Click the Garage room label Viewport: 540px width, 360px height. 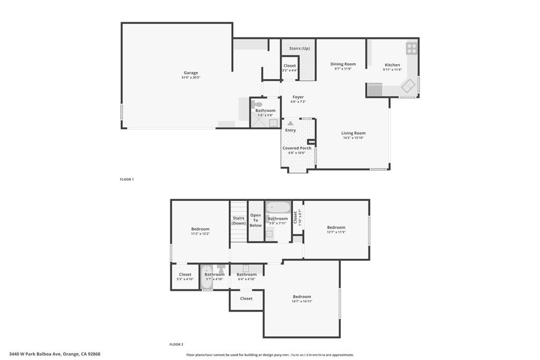click(x=190, y=73)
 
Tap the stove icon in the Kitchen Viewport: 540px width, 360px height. click(x=411, y=48)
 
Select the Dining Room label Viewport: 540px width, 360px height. click(x=343, y=64)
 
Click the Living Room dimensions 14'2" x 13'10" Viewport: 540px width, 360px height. click(x=353, y=139)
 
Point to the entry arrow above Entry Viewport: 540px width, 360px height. click(x=291, y=123)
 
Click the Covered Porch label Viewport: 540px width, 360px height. click(x=297, y=148)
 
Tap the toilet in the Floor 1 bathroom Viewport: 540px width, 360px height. click(x=258, y=104)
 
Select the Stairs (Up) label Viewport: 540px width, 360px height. click(x=299, y=48)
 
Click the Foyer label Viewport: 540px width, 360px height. click(x=298, y=97)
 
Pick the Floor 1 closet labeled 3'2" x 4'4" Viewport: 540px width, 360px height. click(x=290, y=68)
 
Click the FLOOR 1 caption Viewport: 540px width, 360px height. click(x=127, y=180)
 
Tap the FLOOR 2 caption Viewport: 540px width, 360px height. click(x=176, y=344)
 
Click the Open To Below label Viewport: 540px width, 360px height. click(x=256, y=220)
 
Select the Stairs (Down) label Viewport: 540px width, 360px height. click(x=238, y=220)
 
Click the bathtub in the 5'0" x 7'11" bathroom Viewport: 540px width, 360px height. click(x=277, y=207)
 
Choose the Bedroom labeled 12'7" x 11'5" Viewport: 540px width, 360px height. click(x=336, y=229)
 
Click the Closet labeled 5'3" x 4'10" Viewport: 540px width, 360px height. click(x=185, y=276)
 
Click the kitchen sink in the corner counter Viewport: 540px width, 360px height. click(x=409, y=84)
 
